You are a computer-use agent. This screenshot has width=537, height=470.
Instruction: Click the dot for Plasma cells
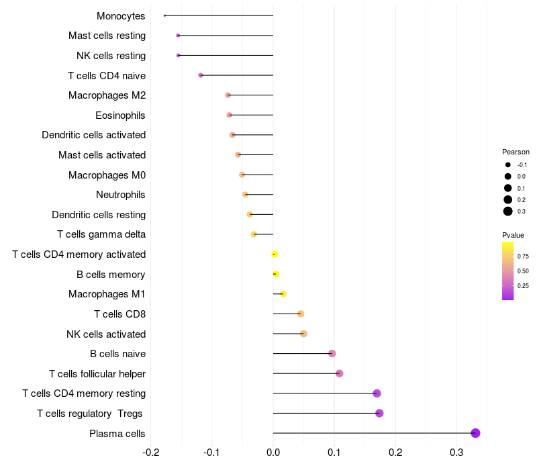coord(475,433)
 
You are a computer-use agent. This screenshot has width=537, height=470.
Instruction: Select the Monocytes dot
coord(164,15)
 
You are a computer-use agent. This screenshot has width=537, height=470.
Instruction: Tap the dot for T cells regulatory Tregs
coord(379,413)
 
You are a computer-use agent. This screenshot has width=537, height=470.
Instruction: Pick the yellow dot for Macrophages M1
coord(283,294)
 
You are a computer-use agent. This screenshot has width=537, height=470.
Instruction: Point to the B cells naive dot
coord(332,353)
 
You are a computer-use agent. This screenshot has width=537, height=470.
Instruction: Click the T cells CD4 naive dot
coord(201,75)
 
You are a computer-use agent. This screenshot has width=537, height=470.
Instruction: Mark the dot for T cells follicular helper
coord(339,373)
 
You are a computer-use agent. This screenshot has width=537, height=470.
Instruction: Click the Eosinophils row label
coord(120,115)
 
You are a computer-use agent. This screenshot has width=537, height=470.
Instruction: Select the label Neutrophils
coord(121,195)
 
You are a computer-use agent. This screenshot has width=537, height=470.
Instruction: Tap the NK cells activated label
coord(106,334)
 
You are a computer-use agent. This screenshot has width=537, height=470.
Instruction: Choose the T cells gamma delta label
coord(101,234)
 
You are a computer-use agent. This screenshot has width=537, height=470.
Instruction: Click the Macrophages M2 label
coord(107,95)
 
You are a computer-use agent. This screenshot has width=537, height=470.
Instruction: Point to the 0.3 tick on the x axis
coord(456,452)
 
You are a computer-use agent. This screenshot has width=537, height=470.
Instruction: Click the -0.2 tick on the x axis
coord(151,452)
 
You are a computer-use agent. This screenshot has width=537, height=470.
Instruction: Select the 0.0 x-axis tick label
coord(273,452)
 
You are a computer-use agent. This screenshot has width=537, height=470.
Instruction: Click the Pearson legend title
coord(516,152)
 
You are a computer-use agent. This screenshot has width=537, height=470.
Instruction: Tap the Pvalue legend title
coord(513,235)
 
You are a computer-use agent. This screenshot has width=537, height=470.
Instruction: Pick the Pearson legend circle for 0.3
coord(508,211)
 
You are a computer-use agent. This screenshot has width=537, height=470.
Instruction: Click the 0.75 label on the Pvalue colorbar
coord(523,256)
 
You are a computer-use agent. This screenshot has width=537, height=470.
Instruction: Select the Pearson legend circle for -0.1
coord(508,165)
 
